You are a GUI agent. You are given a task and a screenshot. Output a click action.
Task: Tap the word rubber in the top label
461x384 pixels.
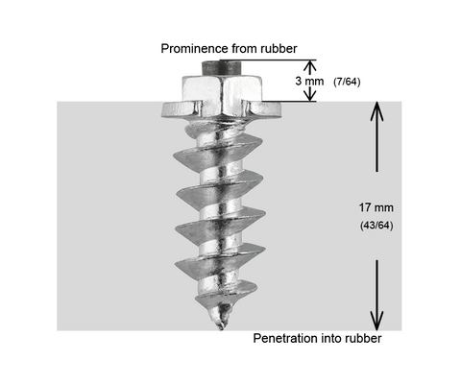click(x=279, y=49)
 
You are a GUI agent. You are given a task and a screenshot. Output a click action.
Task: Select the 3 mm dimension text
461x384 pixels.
click(x=309, y=82)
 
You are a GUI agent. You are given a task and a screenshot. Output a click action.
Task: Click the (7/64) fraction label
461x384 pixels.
click(x=347, y=82)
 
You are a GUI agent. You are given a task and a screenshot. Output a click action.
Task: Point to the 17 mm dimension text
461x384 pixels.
click(x=376, y=207)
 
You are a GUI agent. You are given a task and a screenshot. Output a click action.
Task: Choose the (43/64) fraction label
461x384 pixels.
click(x=376, y=226)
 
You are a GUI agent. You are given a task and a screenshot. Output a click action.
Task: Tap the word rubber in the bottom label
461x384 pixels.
click(x=363, y=338)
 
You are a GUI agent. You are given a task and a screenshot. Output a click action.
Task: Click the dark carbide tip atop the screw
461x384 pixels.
click(x=221, y=68)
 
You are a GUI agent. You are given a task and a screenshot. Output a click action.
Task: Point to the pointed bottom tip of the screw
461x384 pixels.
click(x=220, y=328)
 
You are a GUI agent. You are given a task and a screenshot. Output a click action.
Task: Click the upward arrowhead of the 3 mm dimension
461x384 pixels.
click(x=309, y=65)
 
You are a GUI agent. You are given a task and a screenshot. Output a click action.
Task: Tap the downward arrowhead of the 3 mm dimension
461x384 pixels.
click(x=309, y=96)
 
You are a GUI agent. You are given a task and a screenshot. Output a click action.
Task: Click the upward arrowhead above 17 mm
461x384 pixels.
click(x=376, y=111)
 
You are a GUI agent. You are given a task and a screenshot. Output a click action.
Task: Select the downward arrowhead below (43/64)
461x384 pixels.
click(x=376, y=321)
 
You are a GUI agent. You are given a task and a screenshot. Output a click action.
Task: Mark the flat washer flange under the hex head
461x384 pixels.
click(x=221, y=109)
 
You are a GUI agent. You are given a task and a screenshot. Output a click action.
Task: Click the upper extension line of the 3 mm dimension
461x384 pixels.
click(x=268, y=60)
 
